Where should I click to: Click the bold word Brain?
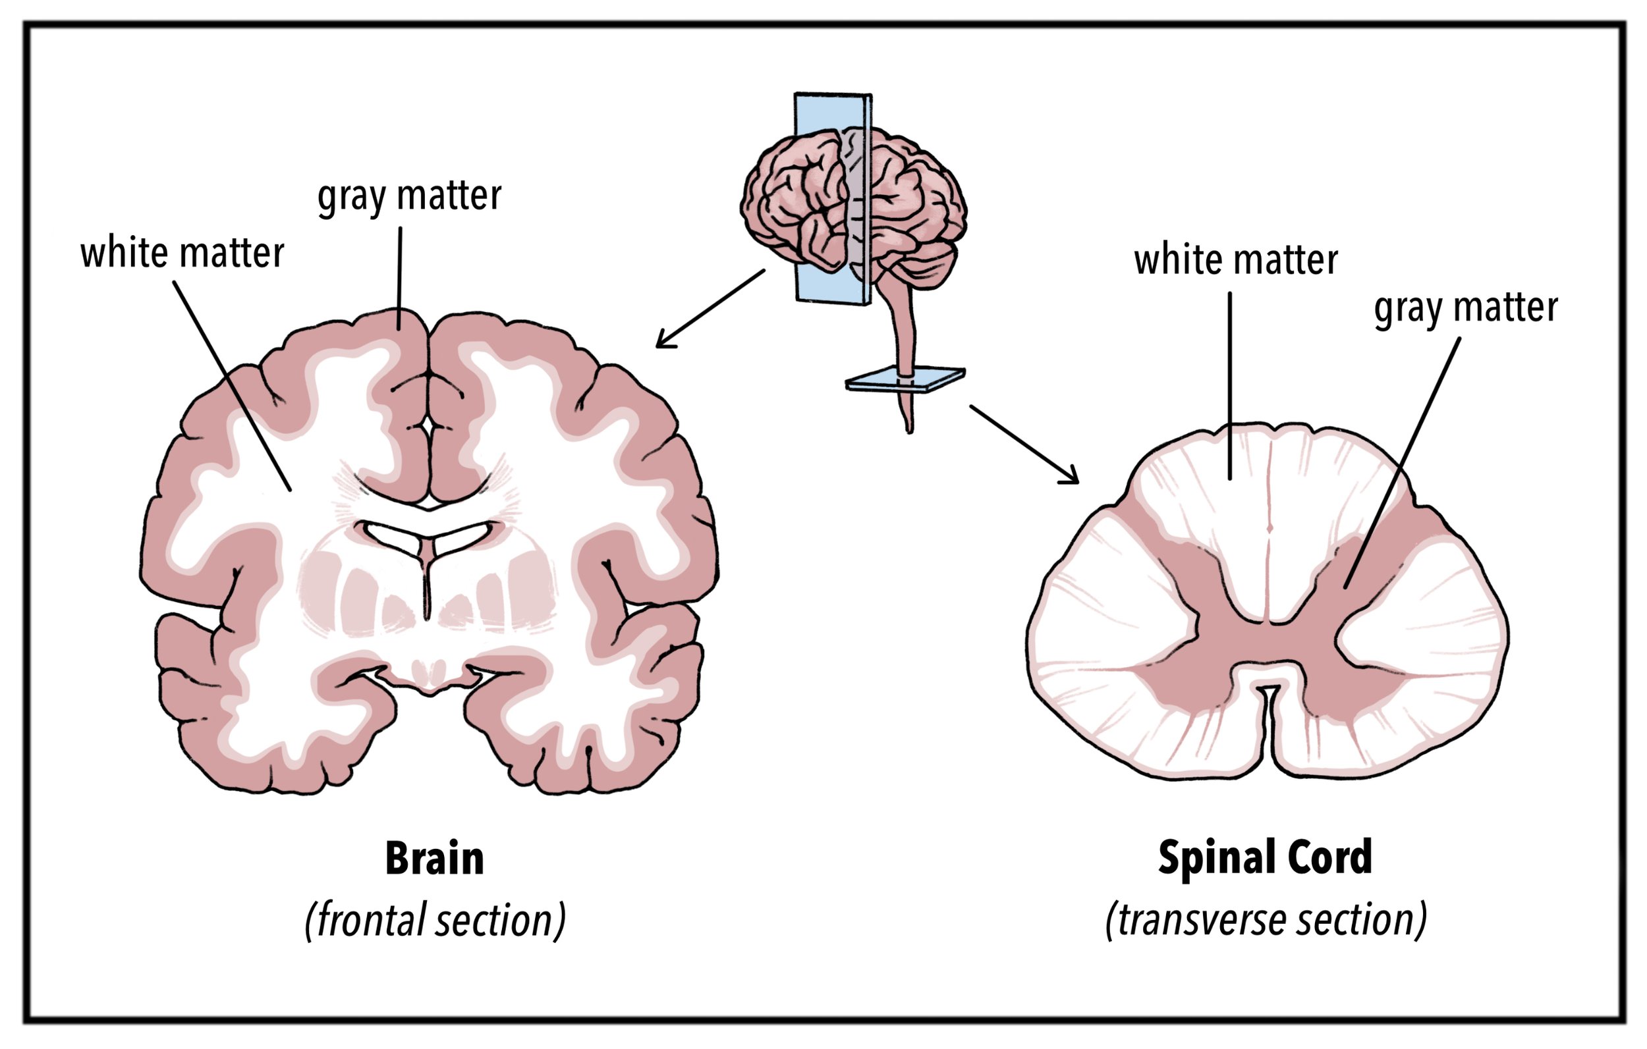click(434, 859)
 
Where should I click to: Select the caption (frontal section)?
click(435, 921)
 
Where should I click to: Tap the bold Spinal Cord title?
click(1265, 857)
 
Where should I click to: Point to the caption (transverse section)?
click(1266, 921)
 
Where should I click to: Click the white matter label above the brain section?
click(182, 253)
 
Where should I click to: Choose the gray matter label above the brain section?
click(409, 196)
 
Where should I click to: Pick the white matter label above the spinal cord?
click(1235, 261)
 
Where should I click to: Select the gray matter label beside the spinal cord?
click(1466, 308)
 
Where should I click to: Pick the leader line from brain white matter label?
click(232, 386)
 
